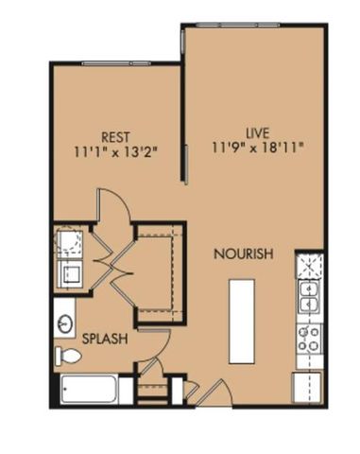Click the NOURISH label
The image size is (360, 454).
coord(243,254)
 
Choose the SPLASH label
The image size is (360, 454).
coord(105,338)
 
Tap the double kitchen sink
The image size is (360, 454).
coord(308,296)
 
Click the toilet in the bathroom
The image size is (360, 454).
coord(68,356)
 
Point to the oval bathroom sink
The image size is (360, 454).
coord(64,323)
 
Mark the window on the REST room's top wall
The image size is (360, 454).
coord(114,63)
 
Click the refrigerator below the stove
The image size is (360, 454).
coord(307,384)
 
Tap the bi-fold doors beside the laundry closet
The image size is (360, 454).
coord(106,257)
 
